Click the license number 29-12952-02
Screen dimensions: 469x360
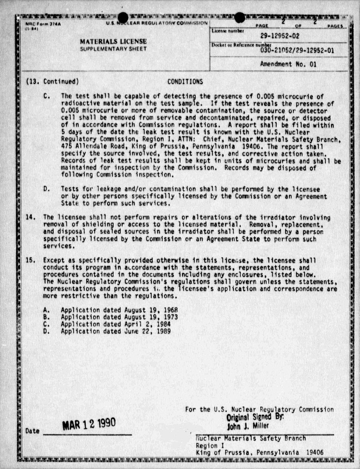click(280, 35)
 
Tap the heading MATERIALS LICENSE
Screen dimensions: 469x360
click(113, 41)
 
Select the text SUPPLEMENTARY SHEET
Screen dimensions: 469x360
click(113, 49)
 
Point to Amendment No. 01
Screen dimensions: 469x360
click(288, 65)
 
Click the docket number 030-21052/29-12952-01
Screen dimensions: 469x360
click(297, 50)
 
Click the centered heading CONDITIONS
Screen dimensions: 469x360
click(185, 82)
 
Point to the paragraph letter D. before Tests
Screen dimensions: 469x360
click(46, 189)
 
